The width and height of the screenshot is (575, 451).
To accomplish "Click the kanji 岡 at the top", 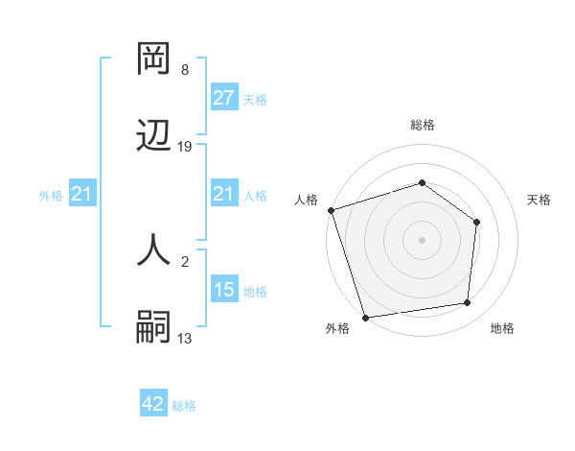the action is pos(154,59).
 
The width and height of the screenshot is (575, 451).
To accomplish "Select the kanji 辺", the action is pos(154,136).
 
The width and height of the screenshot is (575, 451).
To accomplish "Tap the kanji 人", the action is pos(154,251).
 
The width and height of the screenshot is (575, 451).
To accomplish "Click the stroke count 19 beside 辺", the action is pos(185,147).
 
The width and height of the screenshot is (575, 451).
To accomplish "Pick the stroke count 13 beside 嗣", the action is pos(185,339).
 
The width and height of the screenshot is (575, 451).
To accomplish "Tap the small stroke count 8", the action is pos(185,70).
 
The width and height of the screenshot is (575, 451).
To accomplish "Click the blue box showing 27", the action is pos(224,98).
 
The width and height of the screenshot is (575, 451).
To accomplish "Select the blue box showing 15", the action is pos(224,290).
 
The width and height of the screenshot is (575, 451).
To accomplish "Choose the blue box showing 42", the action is pos(153,405).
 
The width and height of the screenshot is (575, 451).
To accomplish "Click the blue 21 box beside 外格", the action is pos(82,194).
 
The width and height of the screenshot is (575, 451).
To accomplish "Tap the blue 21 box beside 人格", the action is pos(224,194).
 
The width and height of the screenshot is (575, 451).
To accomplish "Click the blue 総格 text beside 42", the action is pos(184,406).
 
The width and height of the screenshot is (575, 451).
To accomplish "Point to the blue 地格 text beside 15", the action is pos(255,291).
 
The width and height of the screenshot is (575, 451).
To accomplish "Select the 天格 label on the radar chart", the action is pos(539,200).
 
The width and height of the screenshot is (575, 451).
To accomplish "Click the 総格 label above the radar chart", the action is pos(423,125).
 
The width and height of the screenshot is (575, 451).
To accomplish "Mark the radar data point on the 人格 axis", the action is pos(331,210).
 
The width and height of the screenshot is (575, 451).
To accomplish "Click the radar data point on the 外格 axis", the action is pos(365,317).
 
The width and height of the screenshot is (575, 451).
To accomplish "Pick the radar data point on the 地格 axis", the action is pos(468,302).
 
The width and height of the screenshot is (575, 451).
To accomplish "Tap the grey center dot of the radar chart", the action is pos(423,239).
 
